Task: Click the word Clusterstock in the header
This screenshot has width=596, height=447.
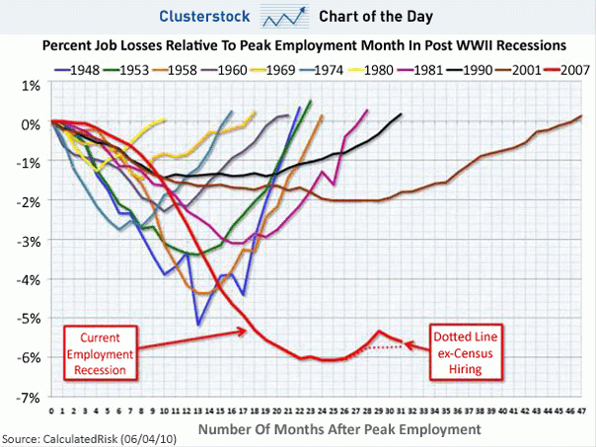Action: (x=202, y=17)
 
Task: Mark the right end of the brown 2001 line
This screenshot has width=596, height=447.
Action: (x=581, y=116)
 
